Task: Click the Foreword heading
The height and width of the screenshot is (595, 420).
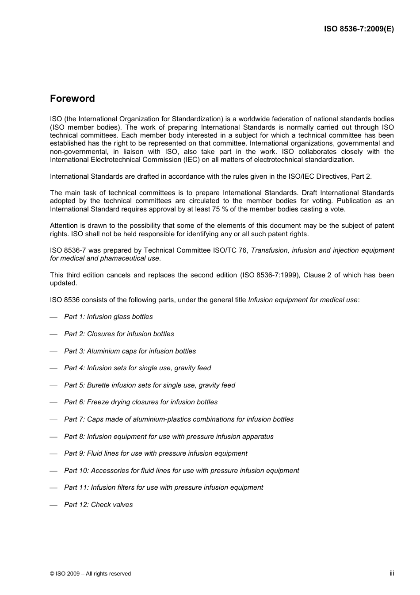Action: [72, 99]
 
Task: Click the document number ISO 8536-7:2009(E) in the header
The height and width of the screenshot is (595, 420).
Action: [359, 29]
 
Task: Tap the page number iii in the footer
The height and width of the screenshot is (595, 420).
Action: [392, 573]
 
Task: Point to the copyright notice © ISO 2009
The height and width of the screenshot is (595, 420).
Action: [90, 574]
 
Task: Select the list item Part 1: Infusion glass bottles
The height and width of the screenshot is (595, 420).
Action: [108, 317]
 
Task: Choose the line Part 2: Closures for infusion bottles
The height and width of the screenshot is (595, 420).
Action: [119, 334]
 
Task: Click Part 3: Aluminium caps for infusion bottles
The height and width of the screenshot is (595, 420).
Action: [130, 351]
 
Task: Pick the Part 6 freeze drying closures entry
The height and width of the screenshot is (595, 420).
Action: [141, 402]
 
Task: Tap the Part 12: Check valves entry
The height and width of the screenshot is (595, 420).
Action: [98, 505]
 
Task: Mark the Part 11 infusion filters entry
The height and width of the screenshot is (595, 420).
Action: [163, 488]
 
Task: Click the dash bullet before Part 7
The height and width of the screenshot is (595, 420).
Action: [54, 420]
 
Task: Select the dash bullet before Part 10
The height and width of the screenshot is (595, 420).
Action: [54, 471]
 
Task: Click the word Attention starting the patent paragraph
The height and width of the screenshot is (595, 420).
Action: [64, 226]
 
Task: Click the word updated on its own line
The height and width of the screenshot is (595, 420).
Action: [63, 283]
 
